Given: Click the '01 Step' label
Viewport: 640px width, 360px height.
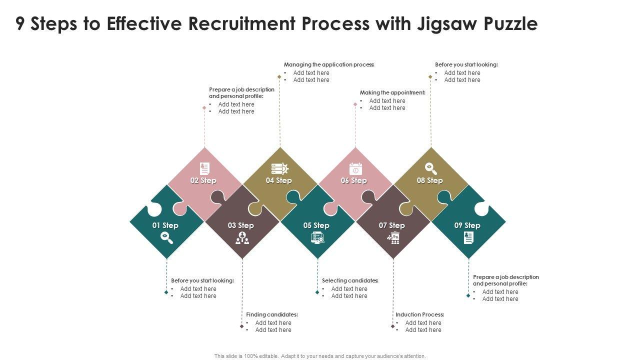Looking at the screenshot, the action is click(165, 225).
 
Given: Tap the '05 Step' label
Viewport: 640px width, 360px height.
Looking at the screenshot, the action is click(316, 225).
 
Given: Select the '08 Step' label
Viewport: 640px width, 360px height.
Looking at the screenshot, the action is click(430, 180).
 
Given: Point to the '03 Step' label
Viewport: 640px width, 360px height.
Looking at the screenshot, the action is click(241, 225).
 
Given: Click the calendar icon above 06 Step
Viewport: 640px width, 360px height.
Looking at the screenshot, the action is click(355, 168).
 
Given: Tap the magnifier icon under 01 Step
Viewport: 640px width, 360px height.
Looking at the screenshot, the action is click(166, 238).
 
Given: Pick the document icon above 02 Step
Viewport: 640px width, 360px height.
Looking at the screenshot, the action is click(204, 168).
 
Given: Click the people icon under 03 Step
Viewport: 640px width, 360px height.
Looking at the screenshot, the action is click(242, 238).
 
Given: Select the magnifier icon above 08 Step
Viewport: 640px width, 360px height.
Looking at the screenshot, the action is click(430, 168).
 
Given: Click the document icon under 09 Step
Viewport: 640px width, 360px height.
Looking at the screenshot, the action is click(468, 238).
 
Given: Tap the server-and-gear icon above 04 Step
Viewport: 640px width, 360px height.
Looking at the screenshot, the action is click(280, 168).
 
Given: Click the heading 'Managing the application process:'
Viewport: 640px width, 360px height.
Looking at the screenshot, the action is click(329, 64).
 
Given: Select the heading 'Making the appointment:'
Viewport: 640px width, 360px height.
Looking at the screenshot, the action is click(392, 92).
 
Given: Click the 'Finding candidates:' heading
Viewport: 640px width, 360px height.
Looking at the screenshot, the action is click(272, 314).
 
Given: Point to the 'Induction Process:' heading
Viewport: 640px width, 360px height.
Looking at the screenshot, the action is click(420, 314).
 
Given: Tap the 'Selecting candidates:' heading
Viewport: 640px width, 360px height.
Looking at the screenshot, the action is click(350, 280).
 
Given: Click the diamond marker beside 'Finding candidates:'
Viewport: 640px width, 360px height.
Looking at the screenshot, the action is click(241, 326).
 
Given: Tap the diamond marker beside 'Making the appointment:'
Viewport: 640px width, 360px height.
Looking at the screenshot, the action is click(355, 104).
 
